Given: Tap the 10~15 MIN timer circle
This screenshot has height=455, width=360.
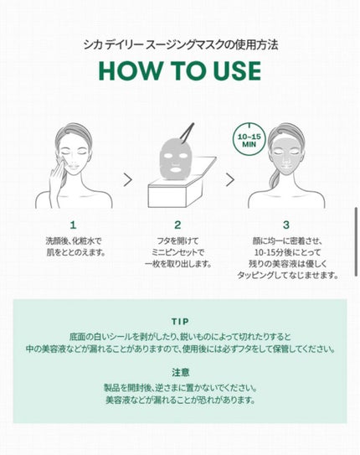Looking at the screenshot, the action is coord(249,139).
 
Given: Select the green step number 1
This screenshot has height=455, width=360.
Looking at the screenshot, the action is coord(73,225).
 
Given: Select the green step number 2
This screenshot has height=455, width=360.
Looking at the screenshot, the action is coord(177,225).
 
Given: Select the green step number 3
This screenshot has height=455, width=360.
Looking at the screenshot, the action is coord(286,225).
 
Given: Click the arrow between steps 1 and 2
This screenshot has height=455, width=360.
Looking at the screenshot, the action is coord(127,180).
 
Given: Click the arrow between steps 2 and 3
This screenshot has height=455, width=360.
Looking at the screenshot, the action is coord(230,180).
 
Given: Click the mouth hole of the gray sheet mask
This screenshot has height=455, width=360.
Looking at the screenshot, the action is coord(175,169).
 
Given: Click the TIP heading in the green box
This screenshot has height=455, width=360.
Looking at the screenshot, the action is coord(180,322).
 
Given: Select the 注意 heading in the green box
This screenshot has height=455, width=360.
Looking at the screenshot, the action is coord(180,372).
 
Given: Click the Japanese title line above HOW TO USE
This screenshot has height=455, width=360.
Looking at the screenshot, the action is coord(181,45).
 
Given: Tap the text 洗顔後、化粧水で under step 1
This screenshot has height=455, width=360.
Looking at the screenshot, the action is coord(74,240).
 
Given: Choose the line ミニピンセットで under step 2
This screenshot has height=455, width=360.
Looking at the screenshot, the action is coord(177,252).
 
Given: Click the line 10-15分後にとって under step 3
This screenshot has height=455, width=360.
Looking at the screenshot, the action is coord(287,252).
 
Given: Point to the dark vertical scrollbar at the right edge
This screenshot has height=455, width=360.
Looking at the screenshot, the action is coord(356,241).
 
